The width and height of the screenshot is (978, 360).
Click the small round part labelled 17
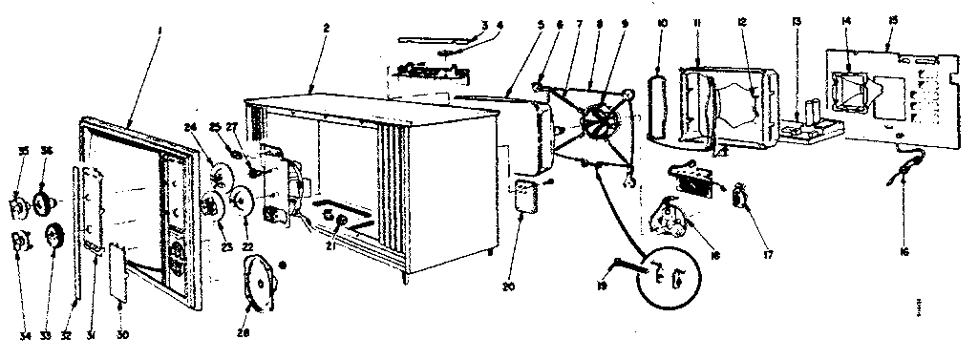(740, 198)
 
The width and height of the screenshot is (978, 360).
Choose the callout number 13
(796, 21)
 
